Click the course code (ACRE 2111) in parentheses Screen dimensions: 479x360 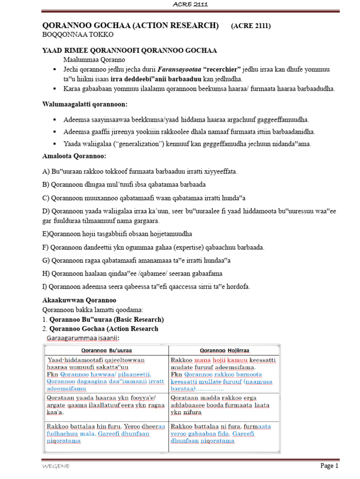[x=250, y=26]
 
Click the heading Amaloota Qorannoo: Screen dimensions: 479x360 [x=74, y=155]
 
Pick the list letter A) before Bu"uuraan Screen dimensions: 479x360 [x=46, y=172]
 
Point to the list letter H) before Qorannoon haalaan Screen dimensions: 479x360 [x=46, y=273]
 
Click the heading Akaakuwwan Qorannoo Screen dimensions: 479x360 [x=79, y=300]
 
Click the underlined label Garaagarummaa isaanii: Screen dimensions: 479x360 [x=82, y=338]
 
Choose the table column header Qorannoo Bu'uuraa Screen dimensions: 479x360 [x=107, y=350]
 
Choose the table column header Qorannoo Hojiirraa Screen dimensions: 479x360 [x=225, y=350]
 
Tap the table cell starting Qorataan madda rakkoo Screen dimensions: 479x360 [x=225, y=405]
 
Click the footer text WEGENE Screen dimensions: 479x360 [x=53, y=466]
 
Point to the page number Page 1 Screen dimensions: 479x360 [x=329, y=466]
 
